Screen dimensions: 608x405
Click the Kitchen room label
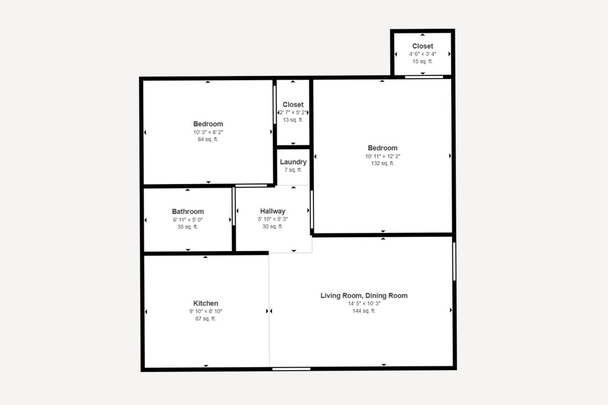205,303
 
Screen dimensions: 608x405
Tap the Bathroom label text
188,211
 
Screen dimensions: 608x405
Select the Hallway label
273,211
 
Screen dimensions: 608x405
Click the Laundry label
293,162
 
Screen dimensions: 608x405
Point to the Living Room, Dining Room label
364,296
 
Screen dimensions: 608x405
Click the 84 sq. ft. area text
208,140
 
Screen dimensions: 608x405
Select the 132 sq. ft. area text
382,163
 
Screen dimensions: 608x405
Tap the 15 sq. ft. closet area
423,61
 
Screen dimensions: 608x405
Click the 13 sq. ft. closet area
293,120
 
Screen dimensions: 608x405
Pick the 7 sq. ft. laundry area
293,170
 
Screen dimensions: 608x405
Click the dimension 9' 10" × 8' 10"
205,311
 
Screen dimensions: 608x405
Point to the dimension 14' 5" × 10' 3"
364,303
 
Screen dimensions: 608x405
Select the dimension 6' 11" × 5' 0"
188,220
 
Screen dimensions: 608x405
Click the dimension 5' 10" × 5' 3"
273,219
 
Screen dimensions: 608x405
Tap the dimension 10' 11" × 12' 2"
382,156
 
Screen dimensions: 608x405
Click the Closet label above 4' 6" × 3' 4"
423,46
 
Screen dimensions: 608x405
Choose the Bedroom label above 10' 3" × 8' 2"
208,124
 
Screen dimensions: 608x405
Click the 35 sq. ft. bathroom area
188,227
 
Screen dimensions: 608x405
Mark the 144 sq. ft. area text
364,311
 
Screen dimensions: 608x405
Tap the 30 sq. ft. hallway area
273,226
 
